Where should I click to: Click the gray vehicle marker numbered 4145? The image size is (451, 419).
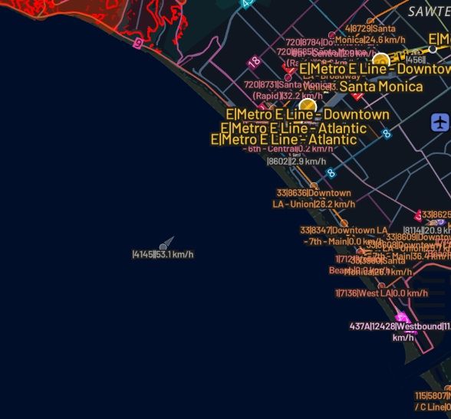click(x=163, y=246)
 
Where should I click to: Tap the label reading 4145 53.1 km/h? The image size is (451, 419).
click(x=163, y=254)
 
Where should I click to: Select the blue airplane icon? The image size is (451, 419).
click(x=439, y=122)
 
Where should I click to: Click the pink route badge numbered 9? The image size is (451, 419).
click(x=138, y=44)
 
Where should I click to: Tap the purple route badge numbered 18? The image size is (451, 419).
click(x=254, y=62)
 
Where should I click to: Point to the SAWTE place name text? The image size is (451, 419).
click(x=428, y=11)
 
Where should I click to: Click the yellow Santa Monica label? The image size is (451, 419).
click(x=380, y=87)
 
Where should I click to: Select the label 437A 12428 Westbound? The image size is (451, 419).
click(x=400, y=327)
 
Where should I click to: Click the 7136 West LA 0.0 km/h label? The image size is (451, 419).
click(x=381, y=293)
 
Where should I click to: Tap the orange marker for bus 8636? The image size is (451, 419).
click(x=313, y=186)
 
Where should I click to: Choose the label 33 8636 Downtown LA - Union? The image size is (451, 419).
click(x=314, y=198)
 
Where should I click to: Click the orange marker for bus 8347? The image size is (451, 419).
click(x=344, y=223)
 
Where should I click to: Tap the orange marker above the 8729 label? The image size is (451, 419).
click(x=370, y=22)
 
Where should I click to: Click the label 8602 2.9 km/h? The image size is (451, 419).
click(x=296, y=162)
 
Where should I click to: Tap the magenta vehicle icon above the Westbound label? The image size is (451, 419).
click(x=401, y=317)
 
